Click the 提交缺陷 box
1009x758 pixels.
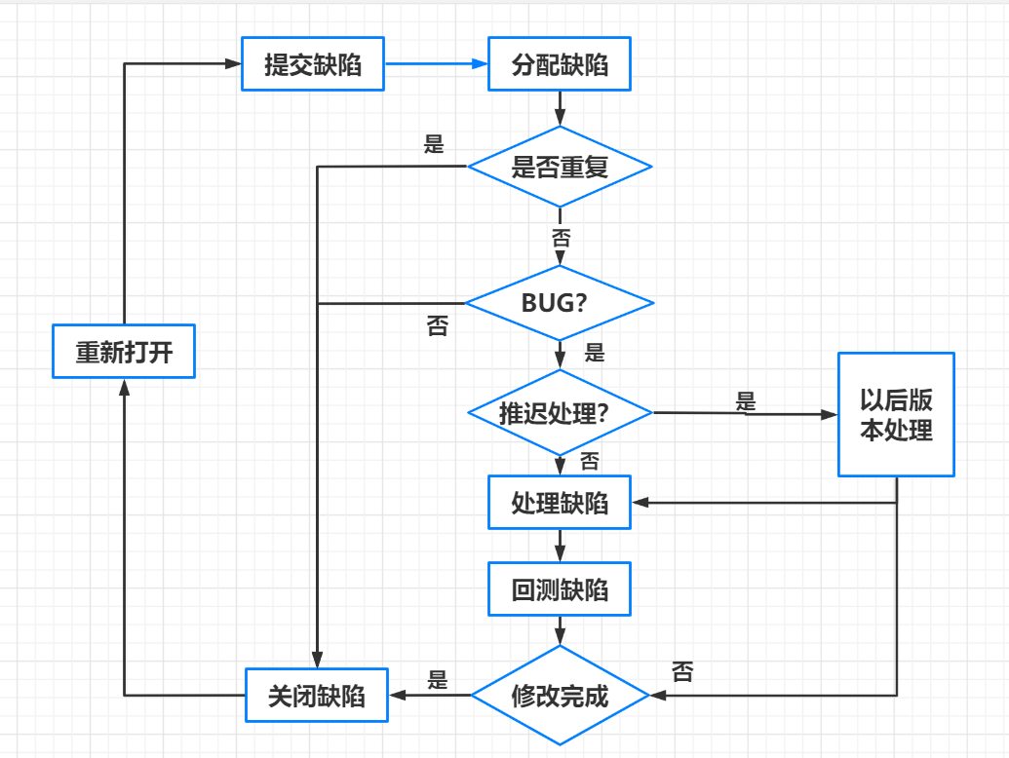[313, 65]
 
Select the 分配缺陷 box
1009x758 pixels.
[560, 65]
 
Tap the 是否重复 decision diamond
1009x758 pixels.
[560, 167]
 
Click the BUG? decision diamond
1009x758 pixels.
[560, 303]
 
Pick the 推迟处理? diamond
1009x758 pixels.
[560, 413]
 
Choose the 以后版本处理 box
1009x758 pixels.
[896, 415]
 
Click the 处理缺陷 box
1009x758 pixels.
[560, 503]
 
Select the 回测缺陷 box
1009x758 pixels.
[560, 590]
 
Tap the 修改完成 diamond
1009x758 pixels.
[560, 696]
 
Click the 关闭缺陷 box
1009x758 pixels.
[317, 696]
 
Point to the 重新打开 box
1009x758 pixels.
[124, 351]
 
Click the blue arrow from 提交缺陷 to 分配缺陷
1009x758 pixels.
[436, 64]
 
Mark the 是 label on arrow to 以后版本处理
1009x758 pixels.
[746, 400]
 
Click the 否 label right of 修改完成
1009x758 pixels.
[682, 671]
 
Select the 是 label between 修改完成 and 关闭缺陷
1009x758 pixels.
[438, 679]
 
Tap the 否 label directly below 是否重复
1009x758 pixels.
[561, 237]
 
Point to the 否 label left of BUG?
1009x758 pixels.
[438, 326]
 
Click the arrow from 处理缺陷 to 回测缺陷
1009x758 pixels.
[560, 546]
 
